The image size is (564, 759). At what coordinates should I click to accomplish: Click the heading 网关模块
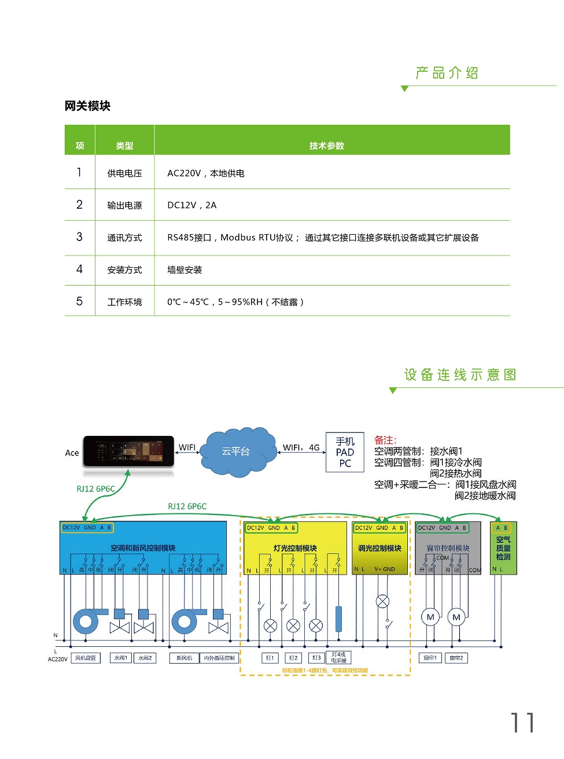87,106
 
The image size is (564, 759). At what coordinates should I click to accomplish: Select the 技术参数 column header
326,146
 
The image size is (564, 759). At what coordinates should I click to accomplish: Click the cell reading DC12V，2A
191,205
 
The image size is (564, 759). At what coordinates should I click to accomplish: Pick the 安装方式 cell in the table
124,270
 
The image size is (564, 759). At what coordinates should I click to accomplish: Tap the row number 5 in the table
79,301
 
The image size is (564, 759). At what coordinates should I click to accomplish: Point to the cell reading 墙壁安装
185,270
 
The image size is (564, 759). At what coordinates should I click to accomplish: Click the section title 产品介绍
447,73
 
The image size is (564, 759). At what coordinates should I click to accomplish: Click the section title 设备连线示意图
460,375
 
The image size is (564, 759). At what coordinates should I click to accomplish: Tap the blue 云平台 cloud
235,451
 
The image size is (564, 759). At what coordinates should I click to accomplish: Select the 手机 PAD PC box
345,452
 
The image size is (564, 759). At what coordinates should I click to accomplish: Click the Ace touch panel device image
128,451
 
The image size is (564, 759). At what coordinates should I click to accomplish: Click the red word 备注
385,440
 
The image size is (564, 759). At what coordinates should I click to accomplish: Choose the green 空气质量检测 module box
503,547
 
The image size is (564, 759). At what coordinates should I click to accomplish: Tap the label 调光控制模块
379,548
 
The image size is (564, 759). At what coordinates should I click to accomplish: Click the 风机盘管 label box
86,658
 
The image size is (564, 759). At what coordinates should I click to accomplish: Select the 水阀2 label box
145,658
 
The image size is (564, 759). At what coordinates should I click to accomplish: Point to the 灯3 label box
316,658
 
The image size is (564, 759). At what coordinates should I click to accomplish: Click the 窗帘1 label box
430,658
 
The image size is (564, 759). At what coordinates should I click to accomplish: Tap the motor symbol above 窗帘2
456,617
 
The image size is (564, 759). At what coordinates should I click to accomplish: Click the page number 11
522,723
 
